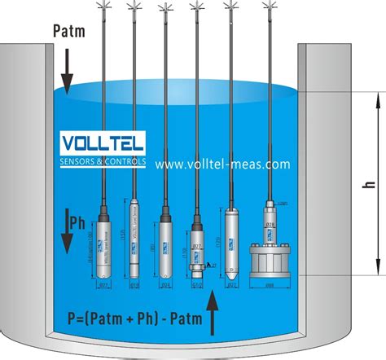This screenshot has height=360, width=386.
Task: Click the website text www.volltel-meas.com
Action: click(x=222, y=164)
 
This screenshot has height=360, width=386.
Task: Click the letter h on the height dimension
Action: click(x=371, y=186)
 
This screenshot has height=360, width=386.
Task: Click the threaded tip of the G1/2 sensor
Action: click(x=197, y=272)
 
